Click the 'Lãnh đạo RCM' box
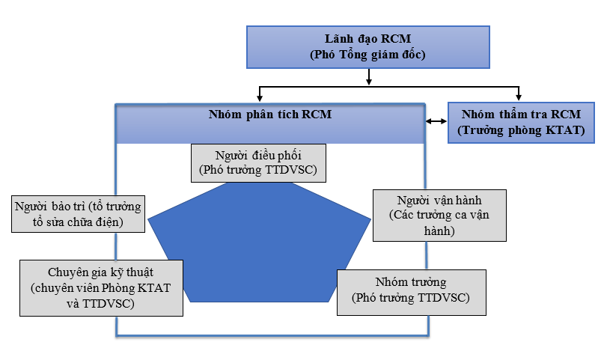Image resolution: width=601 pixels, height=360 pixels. click(x=368, y=47)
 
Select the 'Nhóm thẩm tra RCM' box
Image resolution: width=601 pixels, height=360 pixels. click(x=521, y=123)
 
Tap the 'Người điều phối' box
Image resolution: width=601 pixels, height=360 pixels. click(x=258, y=163)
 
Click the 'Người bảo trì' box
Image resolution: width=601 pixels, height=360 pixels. click(x=78, y=214)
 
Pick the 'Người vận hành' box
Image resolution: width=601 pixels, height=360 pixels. click(x=439, y=216)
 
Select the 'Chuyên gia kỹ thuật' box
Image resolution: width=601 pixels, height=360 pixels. click(x=101, y=288)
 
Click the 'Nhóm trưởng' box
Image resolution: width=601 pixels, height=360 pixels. click(x=412, y=293)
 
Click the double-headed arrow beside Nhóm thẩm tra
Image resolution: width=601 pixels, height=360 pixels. click(x=436, y=121)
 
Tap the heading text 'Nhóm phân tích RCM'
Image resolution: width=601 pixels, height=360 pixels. click(x=270, y=115)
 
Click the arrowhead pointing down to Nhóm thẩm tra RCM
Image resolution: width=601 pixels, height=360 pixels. click(x=519, y=98)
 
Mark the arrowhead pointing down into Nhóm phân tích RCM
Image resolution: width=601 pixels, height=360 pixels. click(x=260, y=98)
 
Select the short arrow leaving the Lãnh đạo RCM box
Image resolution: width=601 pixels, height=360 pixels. click(x=369, y=76)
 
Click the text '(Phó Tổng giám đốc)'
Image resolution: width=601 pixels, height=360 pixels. click(x=367, y=55)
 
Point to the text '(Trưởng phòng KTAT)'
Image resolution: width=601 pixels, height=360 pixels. click(x=521, y=130)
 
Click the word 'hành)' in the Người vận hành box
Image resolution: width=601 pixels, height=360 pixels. click(x=439, y=231)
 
